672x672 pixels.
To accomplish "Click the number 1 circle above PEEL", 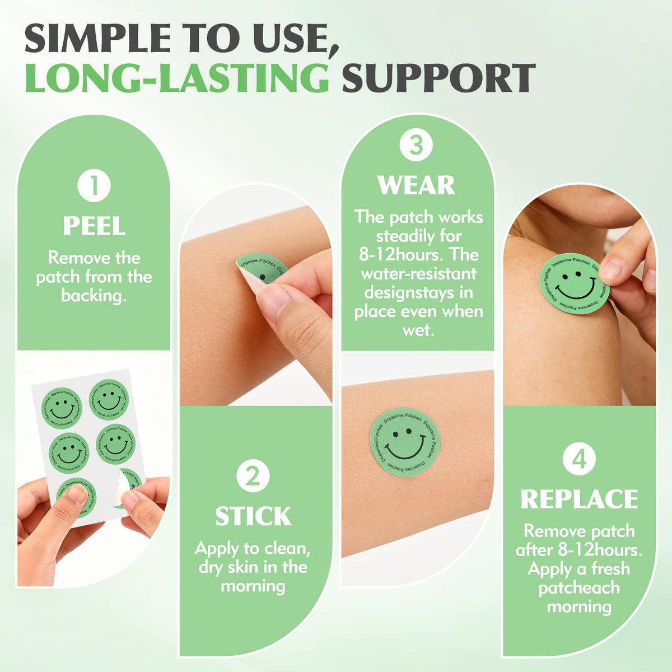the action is click(x=94, y=185).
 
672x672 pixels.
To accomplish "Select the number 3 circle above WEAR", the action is click(x=416, y=146).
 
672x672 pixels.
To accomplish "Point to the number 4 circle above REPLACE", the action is click(x=579, y=459).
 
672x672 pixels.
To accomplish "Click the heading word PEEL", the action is click(x=94, y=226).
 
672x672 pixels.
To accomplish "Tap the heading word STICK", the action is click(x=253, y=516).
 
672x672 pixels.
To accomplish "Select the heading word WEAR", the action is click(x=417, y=185).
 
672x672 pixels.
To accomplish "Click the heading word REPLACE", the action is click(x=579, y=499).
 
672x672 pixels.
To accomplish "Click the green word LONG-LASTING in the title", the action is click(x=177, y=77).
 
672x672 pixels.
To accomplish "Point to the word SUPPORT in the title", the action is click(x=438, y=77).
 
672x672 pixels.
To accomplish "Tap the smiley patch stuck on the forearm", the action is click(x=405, y=441).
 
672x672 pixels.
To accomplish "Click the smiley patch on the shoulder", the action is click(x=574, y=281).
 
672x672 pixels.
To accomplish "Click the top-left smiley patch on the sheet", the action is click(x=62, y=408).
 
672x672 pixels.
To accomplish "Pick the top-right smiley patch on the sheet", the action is click(x=109, y=399).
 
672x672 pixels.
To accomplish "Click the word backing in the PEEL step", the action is click(x=94, y=296).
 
